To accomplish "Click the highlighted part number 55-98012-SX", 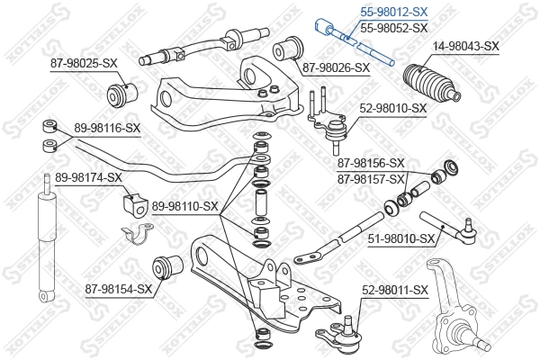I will point(394,13).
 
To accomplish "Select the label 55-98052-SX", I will point(394,29).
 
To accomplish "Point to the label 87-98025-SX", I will point(84,62).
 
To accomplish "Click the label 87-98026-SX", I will point(335,67).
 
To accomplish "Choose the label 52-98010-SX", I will point(392,107).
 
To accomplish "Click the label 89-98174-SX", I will point(87,177).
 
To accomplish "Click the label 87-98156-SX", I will point(371,163).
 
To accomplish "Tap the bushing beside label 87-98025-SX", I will point(121,91).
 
